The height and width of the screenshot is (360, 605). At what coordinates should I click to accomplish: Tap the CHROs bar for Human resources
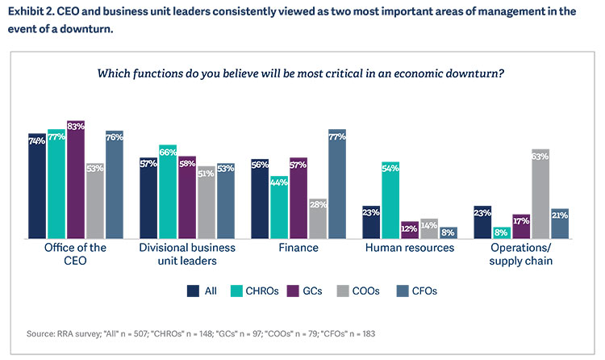391,200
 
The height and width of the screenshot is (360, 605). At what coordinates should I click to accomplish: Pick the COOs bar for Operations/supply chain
540,194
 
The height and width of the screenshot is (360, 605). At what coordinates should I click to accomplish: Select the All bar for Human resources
371,222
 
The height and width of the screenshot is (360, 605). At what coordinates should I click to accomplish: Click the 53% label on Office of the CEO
95,169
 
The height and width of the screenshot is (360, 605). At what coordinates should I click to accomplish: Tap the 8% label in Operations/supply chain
502,232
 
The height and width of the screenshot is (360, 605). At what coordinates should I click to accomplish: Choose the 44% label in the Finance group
280,182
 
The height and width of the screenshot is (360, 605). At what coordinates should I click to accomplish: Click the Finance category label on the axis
298,248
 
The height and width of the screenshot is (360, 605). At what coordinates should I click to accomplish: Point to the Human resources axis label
409,248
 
